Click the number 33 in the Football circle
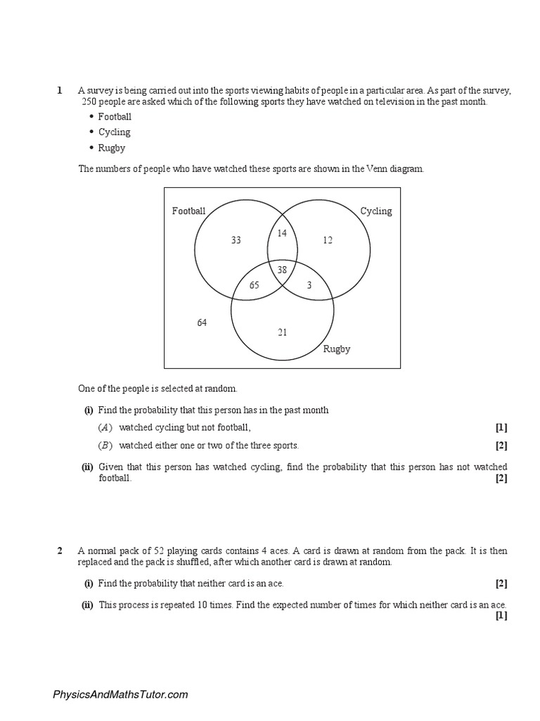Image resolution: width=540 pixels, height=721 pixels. click(236, 240)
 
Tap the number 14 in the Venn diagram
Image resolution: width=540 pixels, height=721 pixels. click(283, 232)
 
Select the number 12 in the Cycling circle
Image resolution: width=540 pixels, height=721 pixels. click(328, 240)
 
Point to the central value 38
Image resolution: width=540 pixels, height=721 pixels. click(283, 270)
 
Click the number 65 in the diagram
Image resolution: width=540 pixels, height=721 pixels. click(255, 285)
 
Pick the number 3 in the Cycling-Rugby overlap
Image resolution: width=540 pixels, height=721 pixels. click(309, 285)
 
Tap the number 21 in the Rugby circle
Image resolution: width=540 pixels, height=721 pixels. click(282, 332)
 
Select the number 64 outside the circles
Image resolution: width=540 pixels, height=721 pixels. click(202, 322)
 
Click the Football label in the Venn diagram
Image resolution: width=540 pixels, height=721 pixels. click(189, 211)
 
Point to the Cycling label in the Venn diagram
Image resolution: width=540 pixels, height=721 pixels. click(376, 211)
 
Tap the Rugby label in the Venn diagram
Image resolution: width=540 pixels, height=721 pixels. click(336, 349)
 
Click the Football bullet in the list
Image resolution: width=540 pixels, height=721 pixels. click(115, 116)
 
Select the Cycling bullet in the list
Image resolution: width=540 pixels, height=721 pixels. click(114, 132)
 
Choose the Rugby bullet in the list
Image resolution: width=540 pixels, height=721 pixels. click(112, 148)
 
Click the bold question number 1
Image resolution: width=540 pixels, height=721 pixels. click(60, 91)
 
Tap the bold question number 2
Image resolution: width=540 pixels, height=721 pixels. click(60, 551)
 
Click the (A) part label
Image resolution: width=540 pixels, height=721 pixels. click(105, 427)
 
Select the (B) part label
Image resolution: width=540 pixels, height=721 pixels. click(105, 445)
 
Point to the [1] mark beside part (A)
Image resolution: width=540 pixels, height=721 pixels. click(501, 427)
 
